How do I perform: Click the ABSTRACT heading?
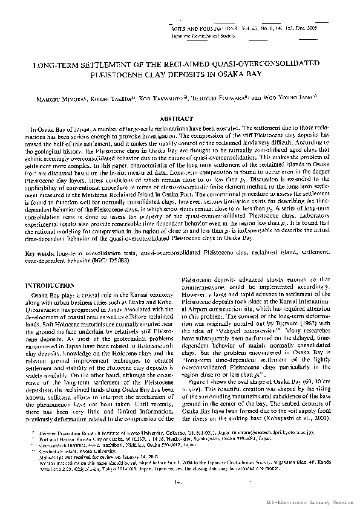click(x=180, y=118)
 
